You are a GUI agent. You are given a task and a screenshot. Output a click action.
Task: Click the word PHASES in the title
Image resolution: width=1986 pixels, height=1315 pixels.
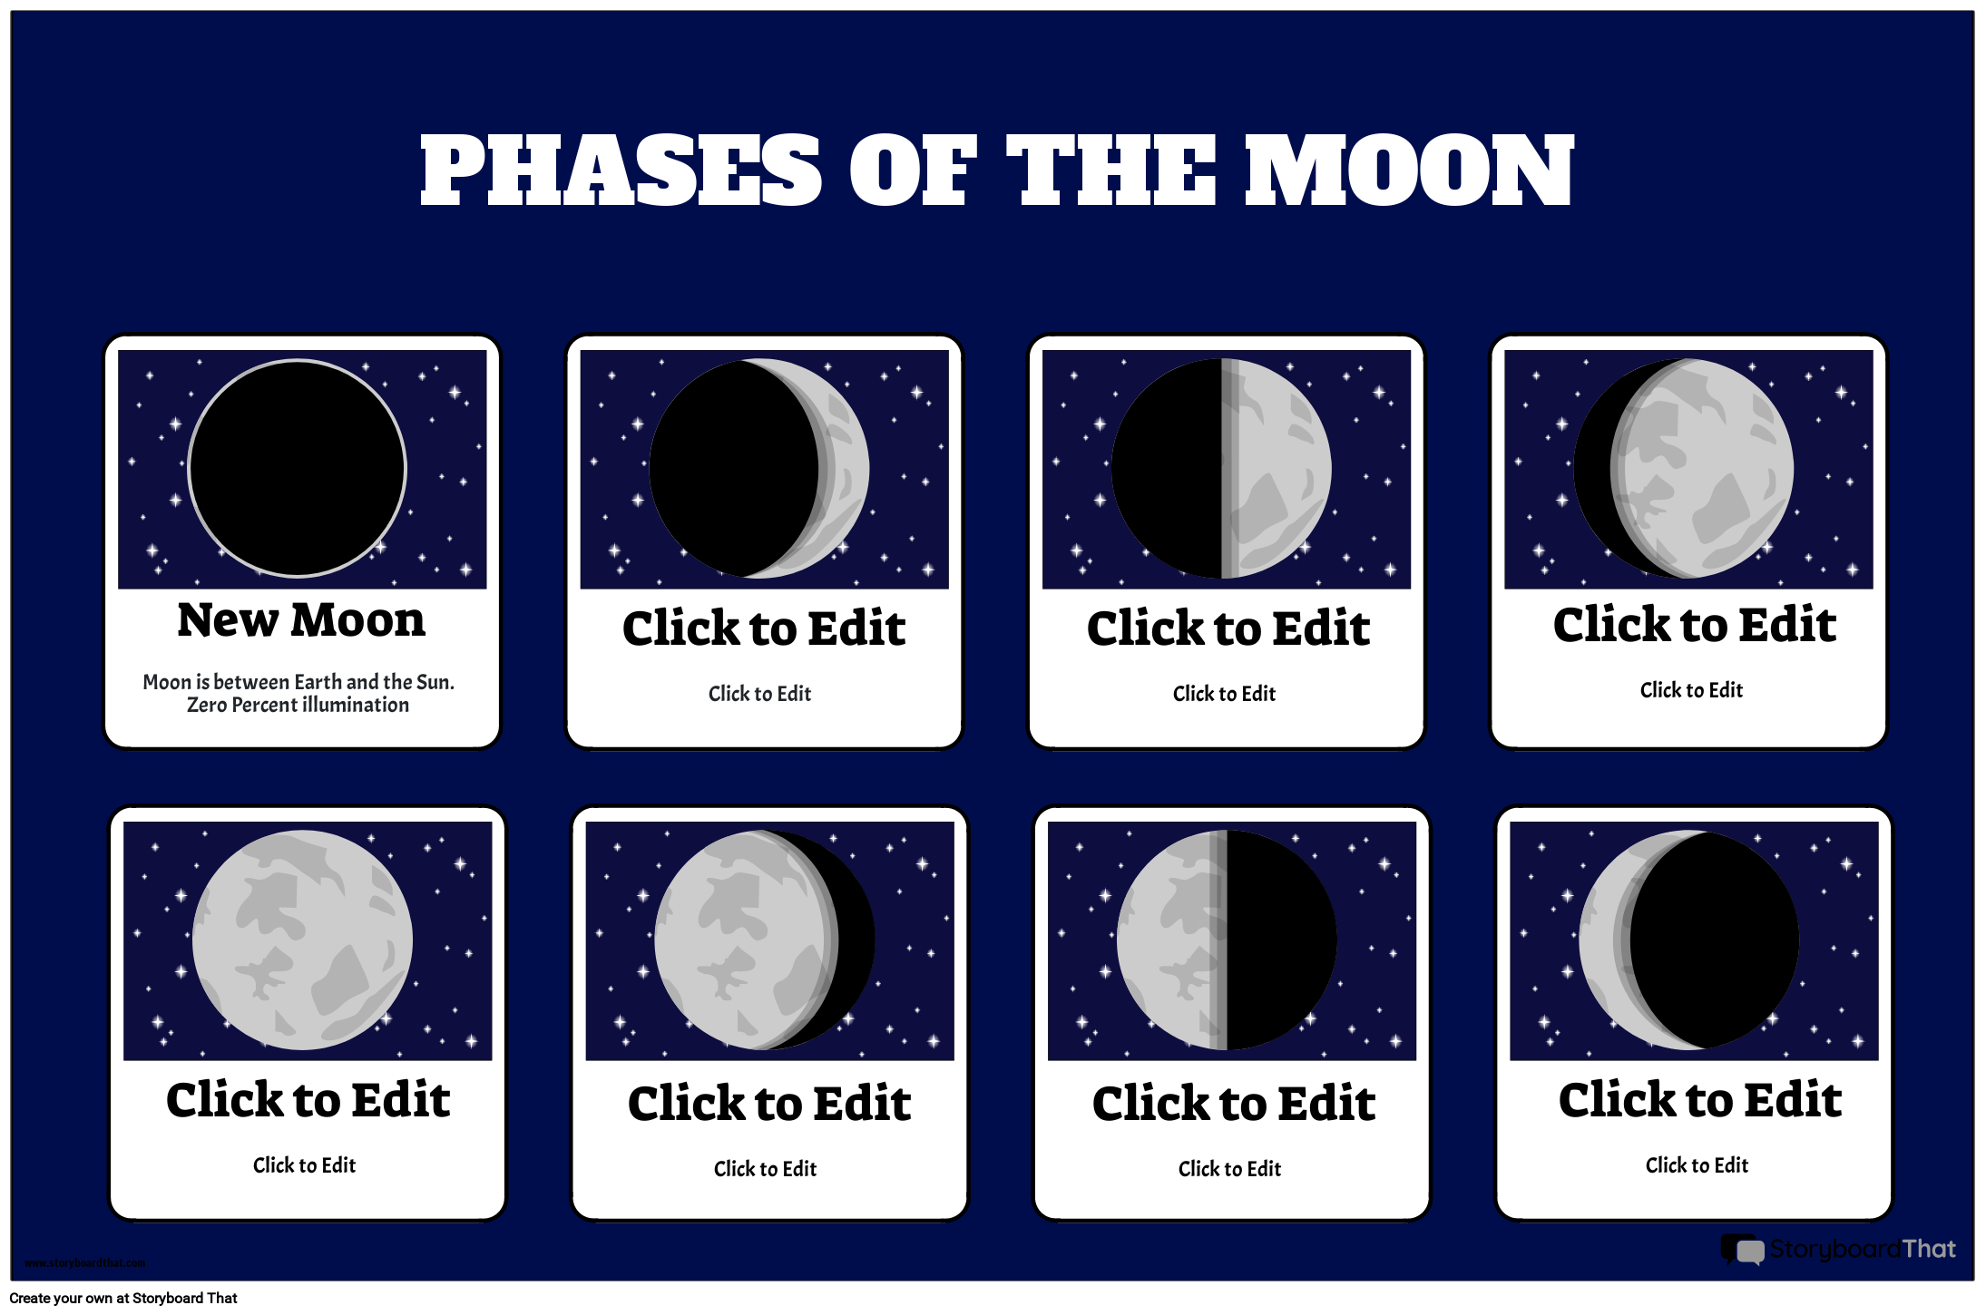(621, 170)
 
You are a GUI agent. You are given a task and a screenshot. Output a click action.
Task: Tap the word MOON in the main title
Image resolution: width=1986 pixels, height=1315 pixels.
(1409, 170)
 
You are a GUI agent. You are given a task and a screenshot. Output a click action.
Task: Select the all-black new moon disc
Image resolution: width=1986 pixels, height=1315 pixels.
(298, 468)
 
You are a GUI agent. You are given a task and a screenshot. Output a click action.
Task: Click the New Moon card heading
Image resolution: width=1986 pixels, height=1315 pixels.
(301, 621)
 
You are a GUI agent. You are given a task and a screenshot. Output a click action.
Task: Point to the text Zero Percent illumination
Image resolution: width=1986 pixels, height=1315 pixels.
(298, 706)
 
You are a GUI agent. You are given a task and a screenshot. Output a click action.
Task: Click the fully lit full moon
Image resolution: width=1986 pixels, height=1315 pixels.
(302, 940)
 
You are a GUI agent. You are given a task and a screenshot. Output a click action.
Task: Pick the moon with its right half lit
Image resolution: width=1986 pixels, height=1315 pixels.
(1221, 468)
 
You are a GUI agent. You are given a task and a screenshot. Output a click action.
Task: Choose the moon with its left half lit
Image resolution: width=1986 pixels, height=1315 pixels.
(1226, 940)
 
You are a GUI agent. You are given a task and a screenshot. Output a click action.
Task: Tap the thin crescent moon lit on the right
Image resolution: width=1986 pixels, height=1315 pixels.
(759, 468)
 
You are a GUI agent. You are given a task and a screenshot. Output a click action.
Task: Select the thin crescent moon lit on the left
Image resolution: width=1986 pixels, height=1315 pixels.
(1688, 940)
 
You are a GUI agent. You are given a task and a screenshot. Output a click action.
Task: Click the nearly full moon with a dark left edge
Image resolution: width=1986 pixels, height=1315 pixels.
(1684, 468)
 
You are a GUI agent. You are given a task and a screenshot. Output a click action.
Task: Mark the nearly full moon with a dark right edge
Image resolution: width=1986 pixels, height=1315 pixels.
(764, 940)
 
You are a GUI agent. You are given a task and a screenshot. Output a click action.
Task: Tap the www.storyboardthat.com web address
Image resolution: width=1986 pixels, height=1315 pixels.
(84, 1262)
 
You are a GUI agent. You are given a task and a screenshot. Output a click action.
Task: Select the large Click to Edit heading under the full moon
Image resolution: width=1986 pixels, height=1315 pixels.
(308, 1100)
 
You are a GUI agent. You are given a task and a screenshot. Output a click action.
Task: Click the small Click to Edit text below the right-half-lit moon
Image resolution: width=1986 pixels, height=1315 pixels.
(1224, 694)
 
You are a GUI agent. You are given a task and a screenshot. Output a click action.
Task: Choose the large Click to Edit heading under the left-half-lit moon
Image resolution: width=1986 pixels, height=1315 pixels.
(1234, 1104)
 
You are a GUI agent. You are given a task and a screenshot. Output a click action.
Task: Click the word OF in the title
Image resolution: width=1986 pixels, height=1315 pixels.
(913, 170)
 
